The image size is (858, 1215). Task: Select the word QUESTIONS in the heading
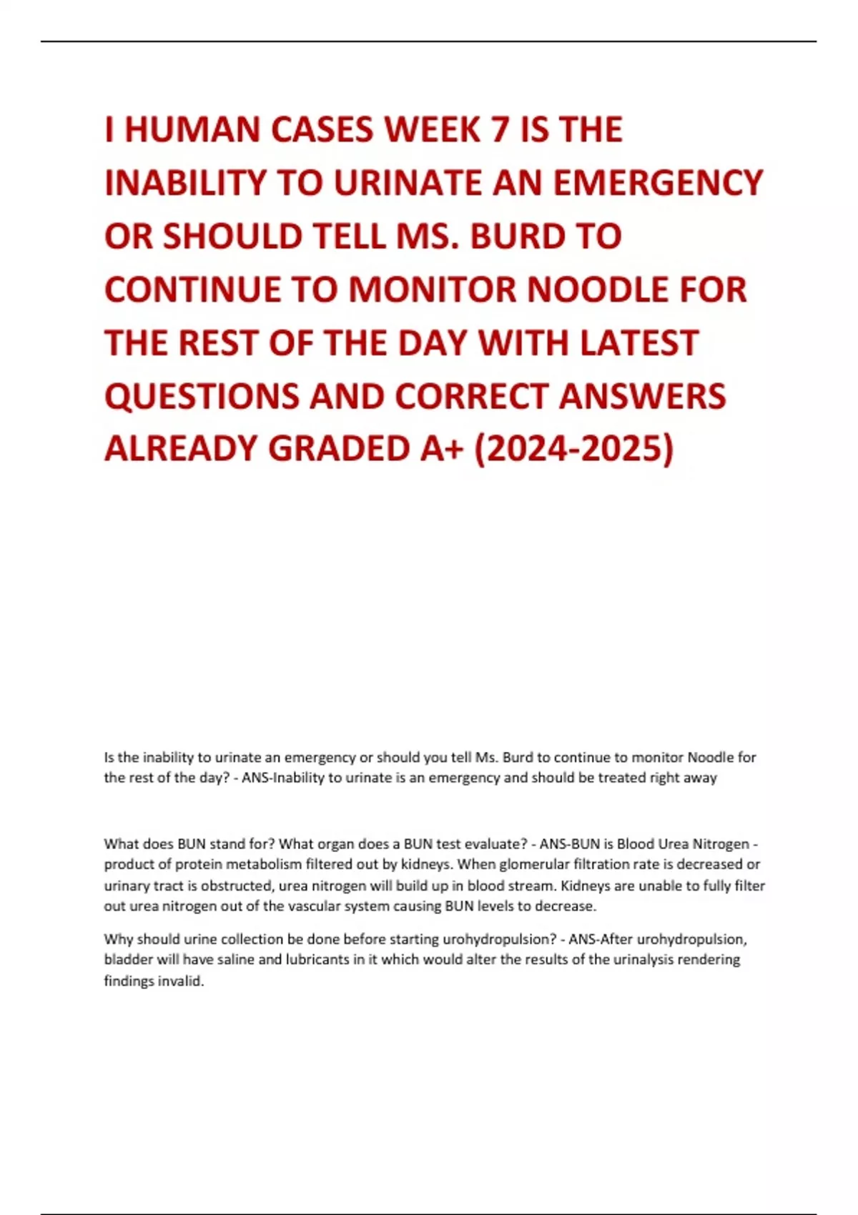[201, 397]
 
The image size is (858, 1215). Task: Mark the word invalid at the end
[182, 981]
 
